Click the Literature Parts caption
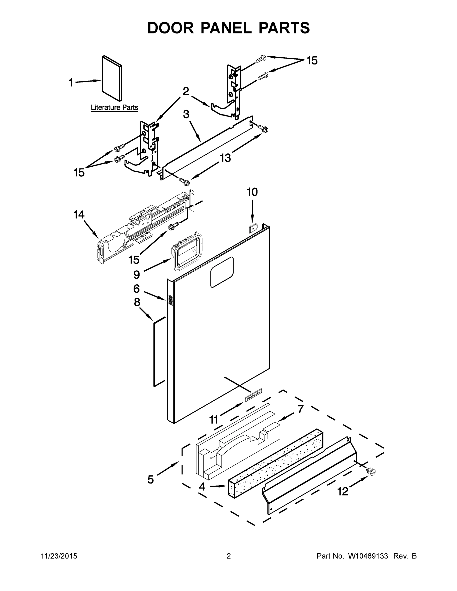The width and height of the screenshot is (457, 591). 114,107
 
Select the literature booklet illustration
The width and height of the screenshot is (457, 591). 112,78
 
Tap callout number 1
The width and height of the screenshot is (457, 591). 71,83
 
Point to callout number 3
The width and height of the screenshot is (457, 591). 186,115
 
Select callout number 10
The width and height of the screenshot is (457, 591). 252,192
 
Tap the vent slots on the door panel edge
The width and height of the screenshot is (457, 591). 170,300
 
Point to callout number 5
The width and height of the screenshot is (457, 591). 151,479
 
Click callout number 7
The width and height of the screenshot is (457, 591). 301,409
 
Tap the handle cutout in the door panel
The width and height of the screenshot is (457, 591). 222,272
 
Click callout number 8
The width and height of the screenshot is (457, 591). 137,302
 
